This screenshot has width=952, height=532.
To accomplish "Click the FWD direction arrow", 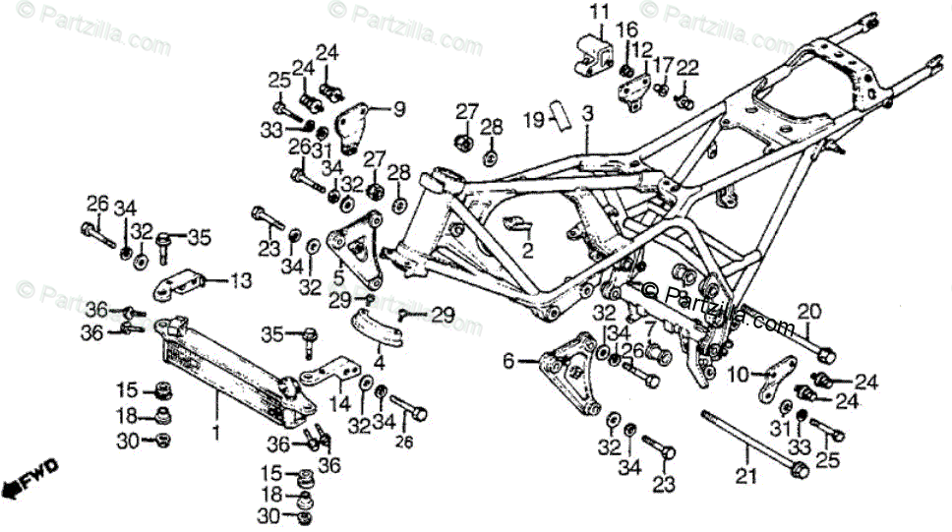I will coord(30,478).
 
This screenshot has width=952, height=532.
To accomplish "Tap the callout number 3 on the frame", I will coord(587,115).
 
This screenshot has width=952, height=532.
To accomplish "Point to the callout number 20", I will coord(808,311).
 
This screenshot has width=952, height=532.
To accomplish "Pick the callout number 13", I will coord(241,280).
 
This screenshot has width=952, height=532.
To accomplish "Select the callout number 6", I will coord(508,361).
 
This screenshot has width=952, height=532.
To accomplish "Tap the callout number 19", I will coord(533,120).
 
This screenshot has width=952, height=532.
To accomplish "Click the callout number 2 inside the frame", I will coord(527,251).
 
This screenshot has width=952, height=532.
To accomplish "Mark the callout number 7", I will coord(649,325).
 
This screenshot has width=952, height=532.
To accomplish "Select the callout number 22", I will coord(687,67).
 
